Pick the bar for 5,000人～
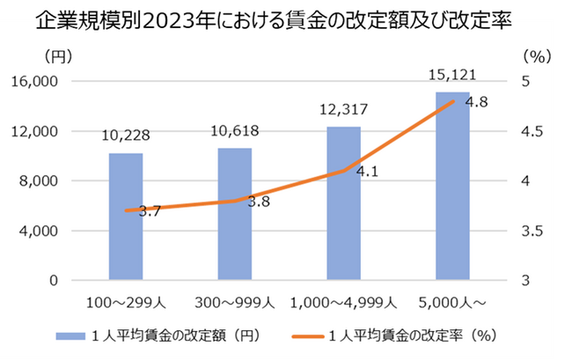(452, 186)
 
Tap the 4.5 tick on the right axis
(533, 131)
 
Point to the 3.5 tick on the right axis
(533, 231)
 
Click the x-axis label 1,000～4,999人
(343, 302)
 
